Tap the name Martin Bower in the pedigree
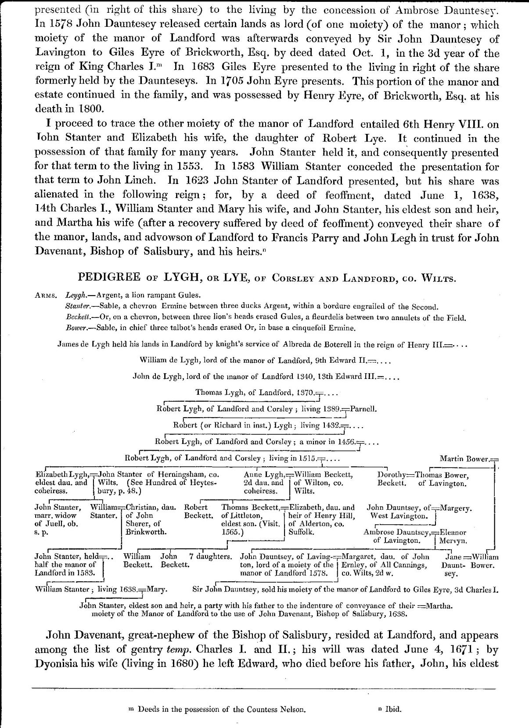tap(464, 459)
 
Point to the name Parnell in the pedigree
tap(363, 409)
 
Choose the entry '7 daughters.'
tap(211, 557)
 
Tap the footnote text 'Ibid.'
tap(393, 709)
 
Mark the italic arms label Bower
tap(75, 328)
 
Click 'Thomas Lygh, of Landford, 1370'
tap(255, 393)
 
